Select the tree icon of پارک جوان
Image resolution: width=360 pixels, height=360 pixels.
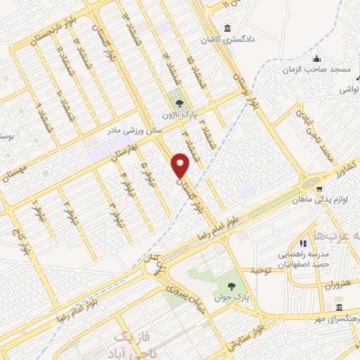pyautogui.click(x=233, y=285)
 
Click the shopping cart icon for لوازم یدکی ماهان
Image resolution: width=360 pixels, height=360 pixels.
pyautogui.click(x=319, y=189)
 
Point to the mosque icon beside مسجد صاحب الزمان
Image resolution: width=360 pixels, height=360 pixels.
pyautogui.click(x=317, y=59)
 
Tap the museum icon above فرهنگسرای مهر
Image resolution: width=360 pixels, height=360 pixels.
pyautogui.click(x=340, y=309)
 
